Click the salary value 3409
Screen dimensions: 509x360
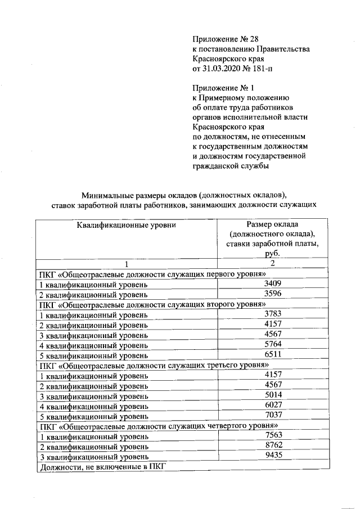272,284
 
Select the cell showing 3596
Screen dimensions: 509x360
272,294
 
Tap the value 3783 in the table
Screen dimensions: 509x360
272,314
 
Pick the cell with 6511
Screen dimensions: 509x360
272,355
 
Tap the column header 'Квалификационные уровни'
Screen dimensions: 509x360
127,226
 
